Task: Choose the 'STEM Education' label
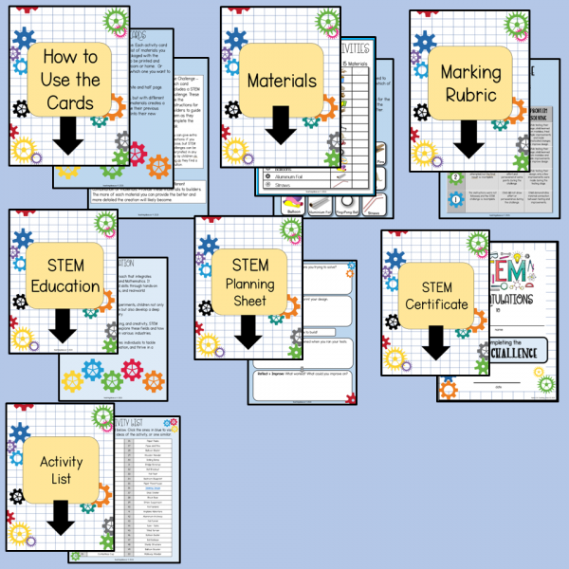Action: tap(64, 274)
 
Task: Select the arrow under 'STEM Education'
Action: tap(62, 323)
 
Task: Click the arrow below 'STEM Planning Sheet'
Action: tap(249, 330)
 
